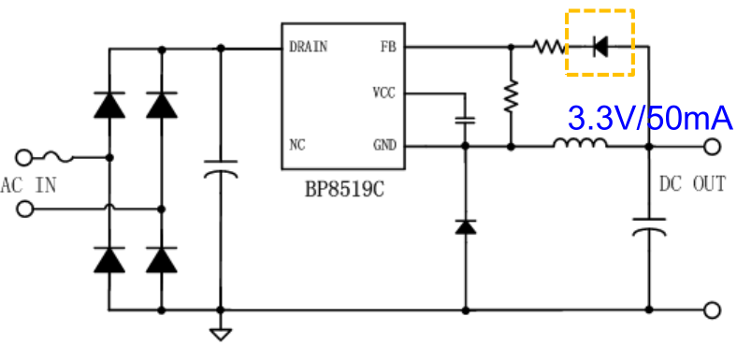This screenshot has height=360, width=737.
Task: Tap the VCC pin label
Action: click(384, 94)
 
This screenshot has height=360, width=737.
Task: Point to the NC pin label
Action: click(298, 146)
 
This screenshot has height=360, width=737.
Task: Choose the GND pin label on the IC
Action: click(384, 146)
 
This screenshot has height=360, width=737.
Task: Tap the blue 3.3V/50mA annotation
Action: click(650, 119)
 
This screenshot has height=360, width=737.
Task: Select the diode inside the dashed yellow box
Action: click(600, 45)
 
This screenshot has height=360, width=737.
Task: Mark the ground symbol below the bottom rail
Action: click(221, 332)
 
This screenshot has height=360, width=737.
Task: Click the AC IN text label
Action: click(29, 184)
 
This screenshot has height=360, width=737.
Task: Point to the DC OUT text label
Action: click(692, 184)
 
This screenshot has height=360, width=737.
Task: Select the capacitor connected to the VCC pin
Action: click(465, 120)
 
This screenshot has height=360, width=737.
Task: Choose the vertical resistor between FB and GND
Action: click(511, 96)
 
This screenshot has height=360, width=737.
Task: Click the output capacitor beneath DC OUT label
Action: click(648, 227)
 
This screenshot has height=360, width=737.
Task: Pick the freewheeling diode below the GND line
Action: click(465, 226)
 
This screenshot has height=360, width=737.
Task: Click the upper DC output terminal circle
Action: click(712, 146)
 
